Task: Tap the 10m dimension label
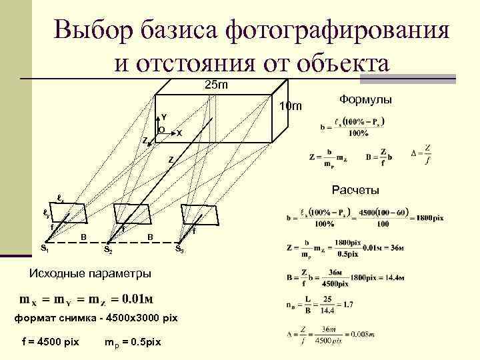[291, 107]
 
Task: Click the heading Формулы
[365, 99]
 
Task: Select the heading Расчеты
[355, 191]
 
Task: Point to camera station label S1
[45, 249]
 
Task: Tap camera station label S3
[179, 249]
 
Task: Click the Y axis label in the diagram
[163, 117]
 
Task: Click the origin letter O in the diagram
[161, 129]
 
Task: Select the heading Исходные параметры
[91, 273]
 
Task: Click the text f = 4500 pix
[50, 342]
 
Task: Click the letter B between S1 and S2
[83, 237]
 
